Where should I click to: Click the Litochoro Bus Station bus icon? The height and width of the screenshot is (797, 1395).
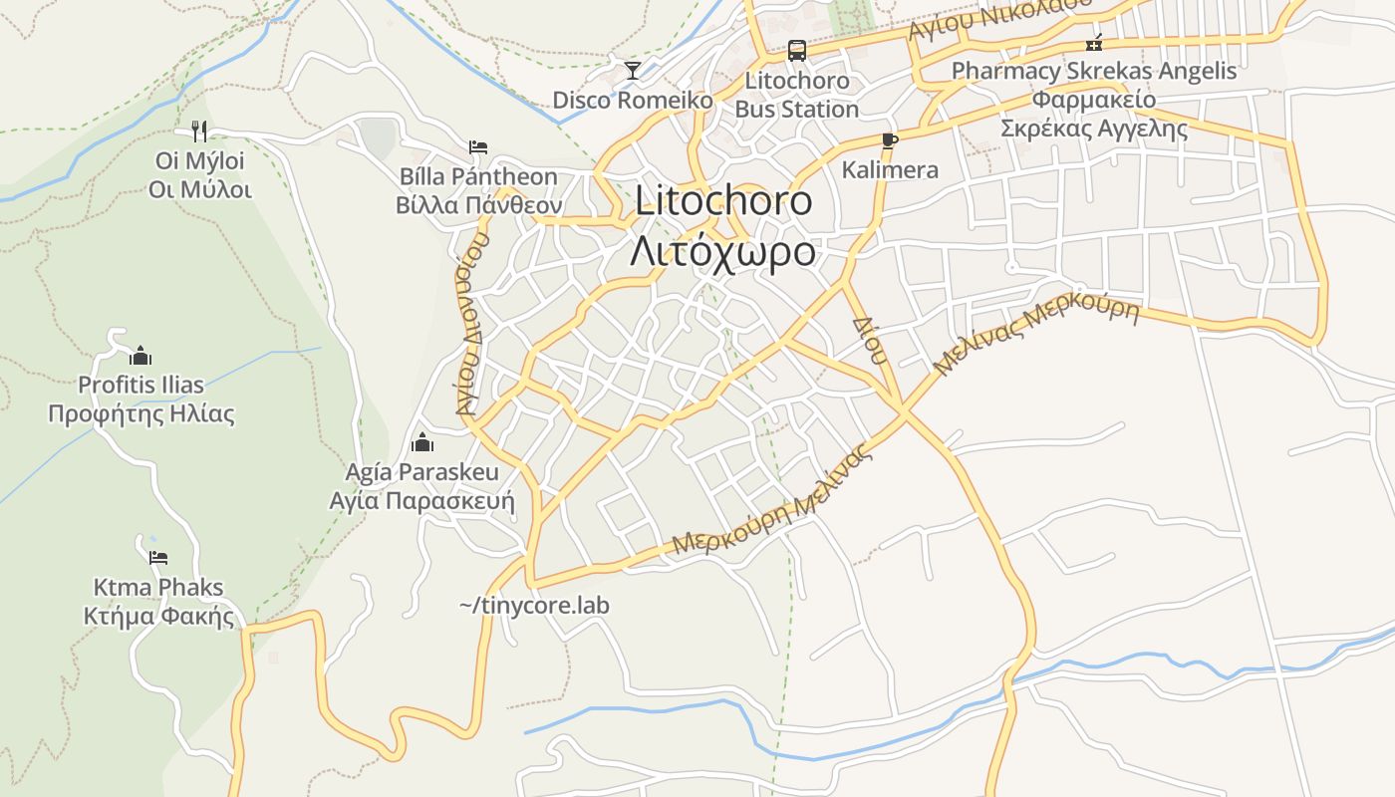pyautogui.click(x=796, y=50)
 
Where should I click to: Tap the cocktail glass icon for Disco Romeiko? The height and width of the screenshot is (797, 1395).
pyautogui.click(x=632, y=70)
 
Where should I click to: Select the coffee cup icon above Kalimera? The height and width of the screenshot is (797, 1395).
pyautogui.click(x=890, y=140)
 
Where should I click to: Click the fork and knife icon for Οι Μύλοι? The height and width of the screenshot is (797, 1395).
pyautogui.click(x=199, y=131)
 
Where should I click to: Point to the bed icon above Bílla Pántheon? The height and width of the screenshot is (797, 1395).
pyautogui.click(x=478, y=147)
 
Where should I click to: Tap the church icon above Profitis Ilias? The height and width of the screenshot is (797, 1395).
pyautogui.click(x=140, y=356)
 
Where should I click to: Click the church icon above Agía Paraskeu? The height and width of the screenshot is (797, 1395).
pyautogui.click(x=422, y=441)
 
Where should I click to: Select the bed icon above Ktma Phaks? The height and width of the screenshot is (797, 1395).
pyautogui.click(x=157, y=557)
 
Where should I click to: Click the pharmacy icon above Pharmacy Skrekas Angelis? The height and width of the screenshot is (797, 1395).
pyautogui.click(x=1094, y=42)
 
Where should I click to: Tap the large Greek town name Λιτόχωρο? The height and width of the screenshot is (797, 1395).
pyautogui.click(x=723, y=251)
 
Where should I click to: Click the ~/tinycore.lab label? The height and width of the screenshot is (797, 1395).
pyautogui.click(x=534, y=605)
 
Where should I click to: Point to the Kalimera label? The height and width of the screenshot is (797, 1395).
pyautogui.click(x=890, y=169)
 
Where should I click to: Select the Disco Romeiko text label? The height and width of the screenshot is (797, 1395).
pyautogui.click(x=633, y=100)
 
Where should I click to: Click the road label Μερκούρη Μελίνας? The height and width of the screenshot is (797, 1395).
pyautogui.click(x=771, y=502)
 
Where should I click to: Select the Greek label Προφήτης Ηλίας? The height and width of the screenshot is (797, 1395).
pyautogui.click(x=141, y=413)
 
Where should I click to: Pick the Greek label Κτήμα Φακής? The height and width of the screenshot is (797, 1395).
pyautogui.click(x=159, y=616)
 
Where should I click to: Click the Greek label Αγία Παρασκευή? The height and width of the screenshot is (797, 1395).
pyautogui.click(x=422, y=500)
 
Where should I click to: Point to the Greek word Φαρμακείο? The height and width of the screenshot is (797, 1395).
pyautogui.click(x=1094, y=100)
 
